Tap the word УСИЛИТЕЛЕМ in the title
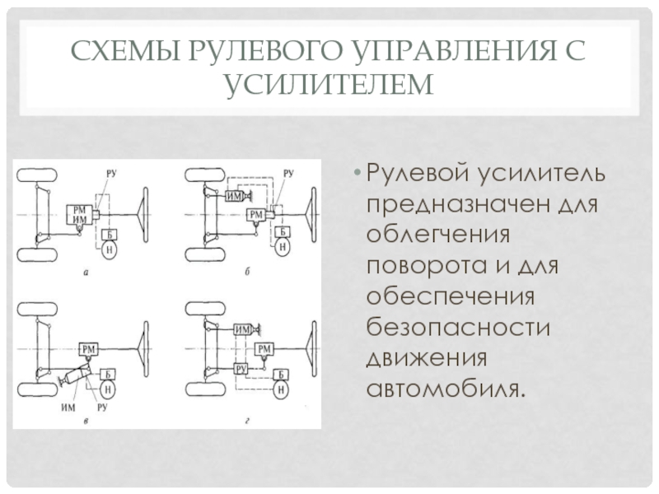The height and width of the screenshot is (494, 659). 330,85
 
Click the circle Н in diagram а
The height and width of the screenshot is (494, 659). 110,249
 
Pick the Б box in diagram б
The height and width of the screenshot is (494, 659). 283,231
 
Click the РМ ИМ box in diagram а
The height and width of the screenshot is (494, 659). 79,215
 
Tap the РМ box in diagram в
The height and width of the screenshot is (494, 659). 88,349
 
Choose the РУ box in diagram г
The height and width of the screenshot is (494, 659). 241,369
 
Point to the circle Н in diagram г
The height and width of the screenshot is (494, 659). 281,389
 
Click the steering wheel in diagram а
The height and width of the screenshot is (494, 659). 146,215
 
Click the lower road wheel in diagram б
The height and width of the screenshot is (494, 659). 205,255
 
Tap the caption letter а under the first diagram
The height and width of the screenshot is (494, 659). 86,273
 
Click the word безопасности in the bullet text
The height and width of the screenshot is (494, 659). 458,328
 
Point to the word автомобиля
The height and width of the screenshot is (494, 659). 446,389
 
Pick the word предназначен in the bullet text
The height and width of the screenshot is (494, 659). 458,206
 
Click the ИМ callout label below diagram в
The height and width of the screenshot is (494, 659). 68,407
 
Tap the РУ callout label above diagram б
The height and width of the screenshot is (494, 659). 288,173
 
